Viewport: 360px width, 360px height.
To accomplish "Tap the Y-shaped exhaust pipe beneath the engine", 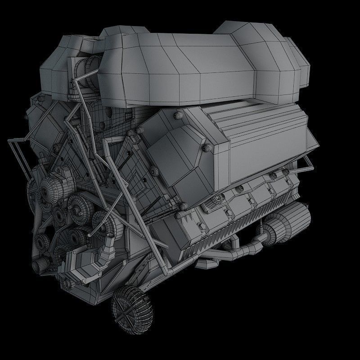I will click(238, 252).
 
